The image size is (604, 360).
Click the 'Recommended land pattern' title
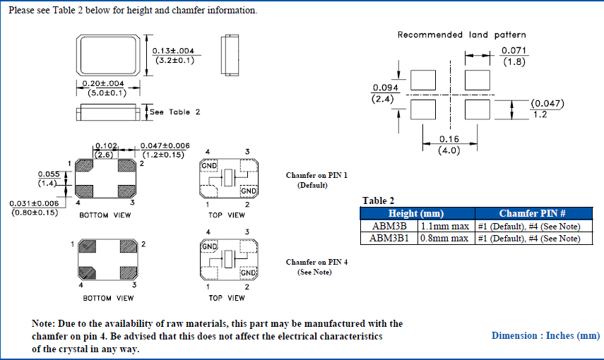pos(461,35)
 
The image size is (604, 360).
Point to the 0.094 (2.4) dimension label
pos(386,93)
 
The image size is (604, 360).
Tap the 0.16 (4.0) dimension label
pos(450,145)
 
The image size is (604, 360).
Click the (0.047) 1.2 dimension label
pos(547,108)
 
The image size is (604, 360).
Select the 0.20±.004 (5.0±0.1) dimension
pos(104,88)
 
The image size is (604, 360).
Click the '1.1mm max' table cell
pos(445,226)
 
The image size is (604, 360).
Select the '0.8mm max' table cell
pos(445,238)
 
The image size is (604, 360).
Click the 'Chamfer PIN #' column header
pos(533,213)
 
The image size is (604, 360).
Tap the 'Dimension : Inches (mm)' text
pos(545,335)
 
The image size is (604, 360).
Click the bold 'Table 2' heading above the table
pos(378,200)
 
